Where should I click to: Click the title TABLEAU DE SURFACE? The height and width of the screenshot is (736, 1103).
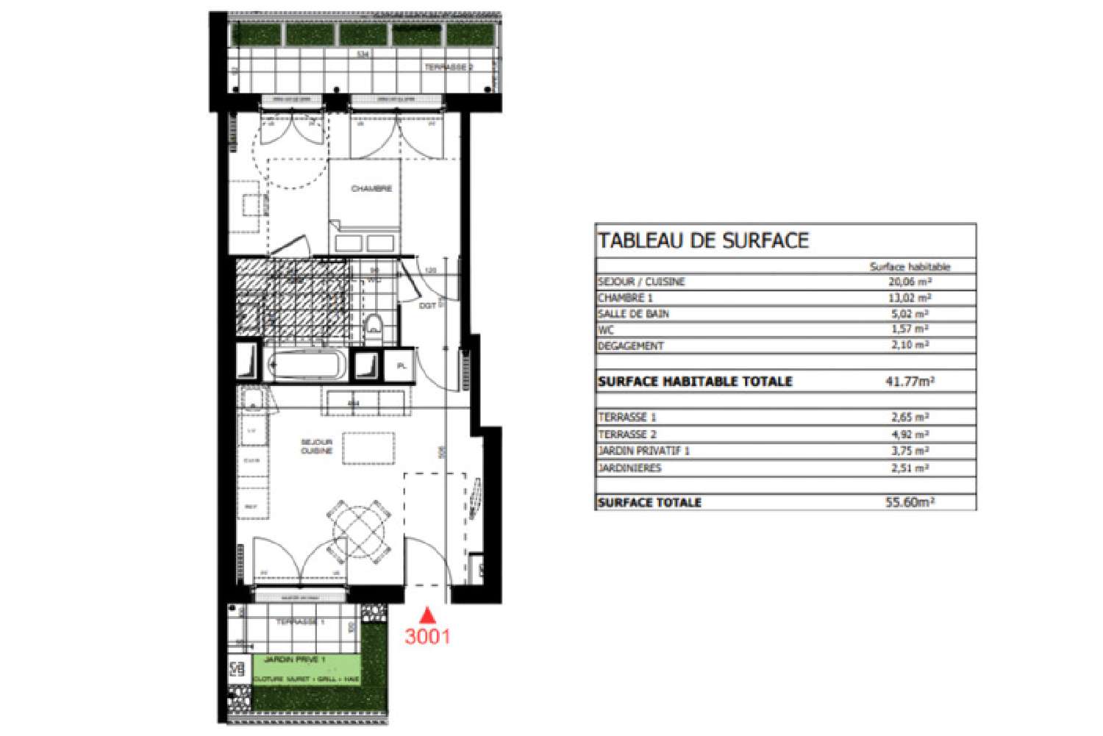coord(703,240)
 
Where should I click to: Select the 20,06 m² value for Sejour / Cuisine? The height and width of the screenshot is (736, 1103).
coord(910,282)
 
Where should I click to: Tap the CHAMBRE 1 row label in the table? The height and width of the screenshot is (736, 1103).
coord(625,298)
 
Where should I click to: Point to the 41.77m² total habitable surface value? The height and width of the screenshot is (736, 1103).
coord(910,381)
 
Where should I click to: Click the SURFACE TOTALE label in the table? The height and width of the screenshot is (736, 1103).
coord(649,503)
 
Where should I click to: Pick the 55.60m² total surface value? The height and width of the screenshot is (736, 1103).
coord(910,503)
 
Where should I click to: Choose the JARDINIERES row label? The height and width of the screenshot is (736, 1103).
coord(629,468)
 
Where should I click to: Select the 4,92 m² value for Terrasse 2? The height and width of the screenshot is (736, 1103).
coord(910,435)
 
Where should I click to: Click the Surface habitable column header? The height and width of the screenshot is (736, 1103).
coord(910,266)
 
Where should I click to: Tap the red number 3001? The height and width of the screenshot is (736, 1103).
coord(427,636)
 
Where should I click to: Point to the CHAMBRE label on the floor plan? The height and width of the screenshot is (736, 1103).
coord(371,189)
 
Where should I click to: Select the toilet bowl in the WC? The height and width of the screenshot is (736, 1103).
coord(374,326)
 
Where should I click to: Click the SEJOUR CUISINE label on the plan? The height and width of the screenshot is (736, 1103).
coord(317,446)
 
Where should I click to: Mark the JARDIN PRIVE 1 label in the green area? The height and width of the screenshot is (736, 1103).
coord(294,660)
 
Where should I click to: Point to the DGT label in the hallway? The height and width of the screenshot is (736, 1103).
coord(427,305)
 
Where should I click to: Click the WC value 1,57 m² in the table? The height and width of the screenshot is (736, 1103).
coord(910,329)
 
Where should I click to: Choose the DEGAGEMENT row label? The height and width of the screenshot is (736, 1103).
coord(631,346)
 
